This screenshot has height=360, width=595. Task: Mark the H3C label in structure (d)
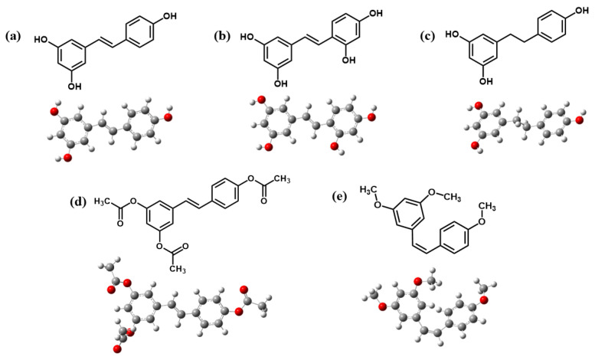click(x=106, y=201)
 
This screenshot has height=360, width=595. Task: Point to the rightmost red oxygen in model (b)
click(x=371, y=117)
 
